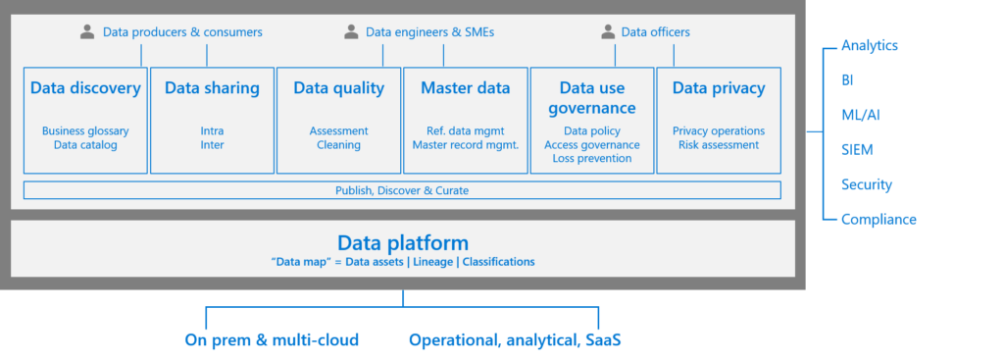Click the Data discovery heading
pyautogui.click(x=85, y=88)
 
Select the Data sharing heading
pyautogui.click(x=212, y=88)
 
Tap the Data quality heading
pyautogui.click(x=338, y=88)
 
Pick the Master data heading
pyautogui.click(x=465, y=88)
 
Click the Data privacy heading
pyautogui.click(x=718, y=88)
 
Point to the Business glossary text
pyautogui.click(x=85, y=130)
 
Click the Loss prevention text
pyautogui.click(x=592, y=158)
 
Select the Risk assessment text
pyautogui.click(x=718, y=144)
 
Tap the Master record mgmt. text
pyautogui.click(x=465, y=144)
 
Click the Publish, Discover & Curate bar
pyautogui.click(x=402, y=189)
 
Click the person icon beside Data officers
pyautogui.click(x=608, y=32)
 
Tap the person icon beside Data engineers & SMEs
pyautogui.click(x=351, y=32)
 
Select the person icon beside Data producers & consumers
pyautogui.click(x=87, y=32)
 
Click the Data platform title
pyautogui.click(x=402, y=242)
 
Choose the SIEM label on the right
pyautogui.click(x=857, y=150)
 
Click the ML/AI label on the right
pyautogui.click(x=860, y=115)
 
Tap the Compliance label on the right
pyautogui.click(x=878, y=219)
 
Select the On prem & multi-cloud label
pyautogui.click(x=272, y=340)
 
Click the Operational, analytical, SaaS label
pyautogui.click(x=515, y=340)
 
